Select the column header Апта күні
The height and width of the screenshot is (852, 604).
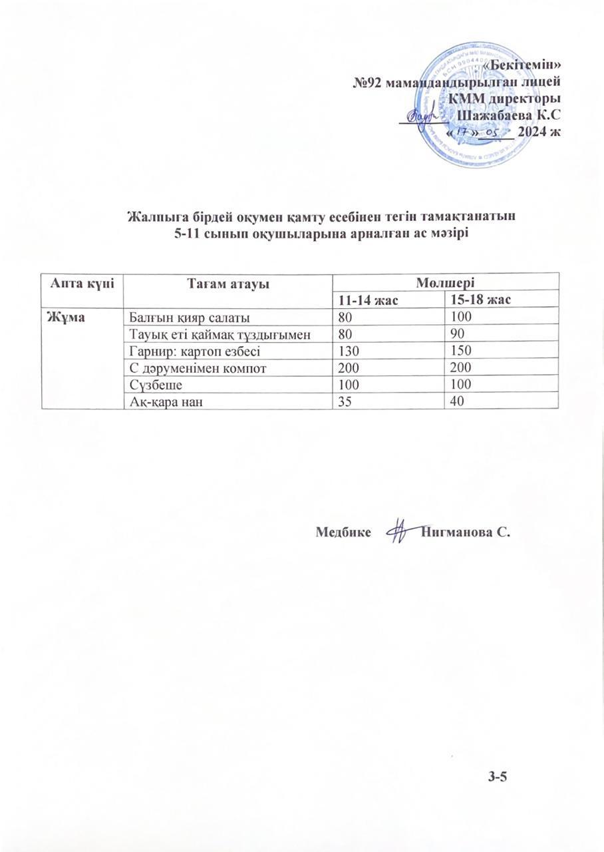(x=81, y=283)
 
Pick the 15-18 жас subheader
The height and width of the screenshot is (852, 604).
(x=480, y=300)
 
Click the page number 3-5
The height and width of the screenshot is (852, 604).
(x=498, y=775)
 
